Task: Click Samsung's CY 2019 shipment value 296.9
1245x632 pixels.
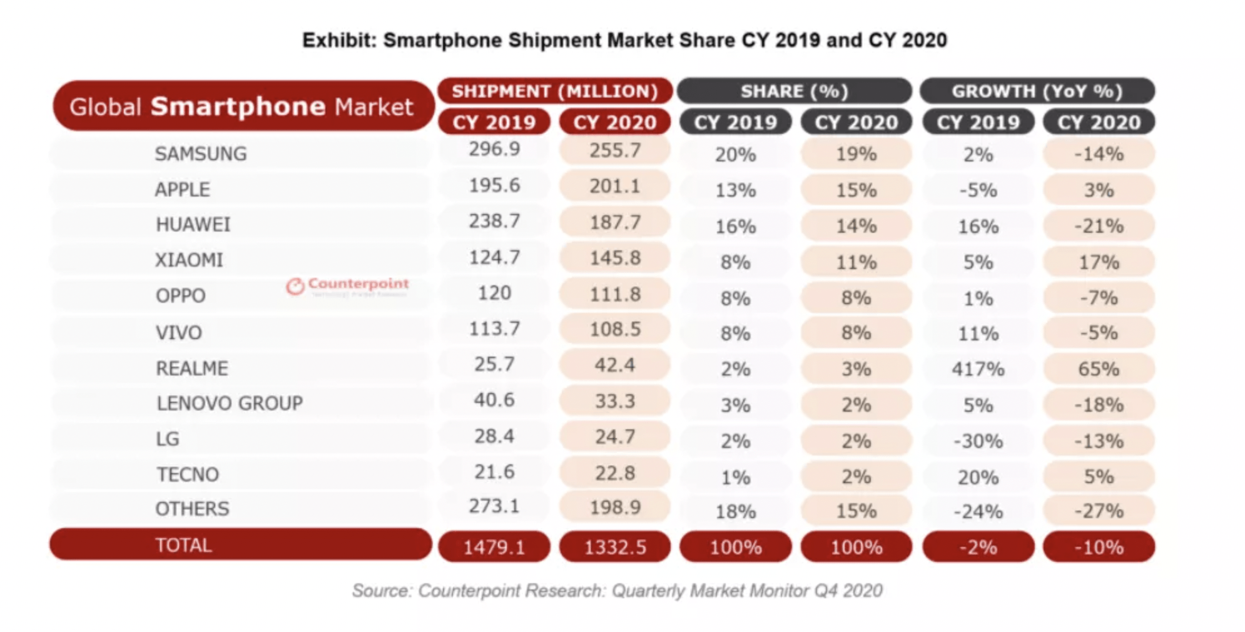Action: coord(494,150)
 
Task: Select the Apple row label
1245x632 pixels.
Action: coord(182,189)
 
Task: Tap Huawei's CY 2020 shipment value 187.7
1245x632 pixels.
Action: coord(614,222)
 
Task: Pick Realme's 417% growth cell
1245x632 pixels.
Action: coord(977,369)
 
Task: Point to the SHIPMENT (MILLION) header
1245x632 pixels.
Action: coord(555,91)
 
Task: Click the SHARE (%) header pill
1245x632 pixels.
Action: coord(794,91)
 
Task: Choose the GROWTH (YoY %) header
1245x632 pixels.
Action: coord(1037,91)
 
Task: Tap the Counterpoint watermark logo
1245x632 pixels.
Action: coord(348,286)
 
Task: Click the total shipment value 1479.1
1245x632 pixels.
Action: coord(494,548)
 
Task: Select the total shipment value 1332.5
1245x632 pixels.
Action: coord(614,548)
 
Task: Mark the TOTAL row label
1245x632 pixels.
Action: coord(183,545)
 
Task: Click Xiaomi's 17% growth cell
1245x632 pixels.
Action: coord(1099,262)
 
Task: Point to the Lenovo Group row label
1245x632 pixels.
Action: coord(230,404)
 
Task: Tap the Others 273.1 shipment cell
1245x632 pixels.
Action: coord(494,506)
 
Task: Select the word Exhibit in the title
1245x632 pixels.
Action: coord(338,41)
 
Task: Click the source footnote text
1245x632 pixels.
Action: coord(617,591)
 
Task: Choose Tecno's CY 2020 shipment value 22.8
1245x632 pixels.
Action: coord(614,473)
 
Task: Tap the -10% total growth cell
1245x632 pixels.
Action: coord(1099,548)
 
